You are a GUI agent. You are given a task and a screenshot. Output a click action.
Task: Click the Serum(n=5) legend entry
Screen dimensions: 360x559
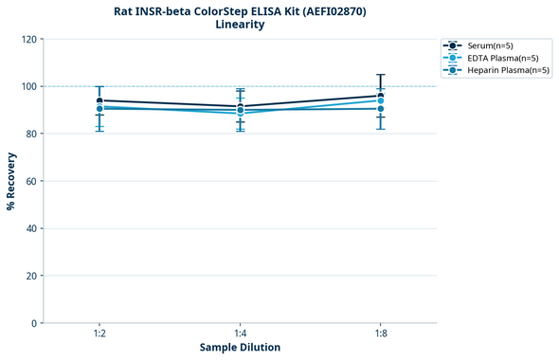tap(489, 45)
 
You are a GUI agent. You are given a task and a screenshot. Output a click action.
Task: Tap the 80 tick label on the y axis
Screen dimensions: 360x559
tap(30, 134)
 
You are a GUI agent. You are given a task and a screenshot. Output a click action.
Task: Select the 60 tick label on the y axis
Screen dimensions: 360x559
tap(30, 181)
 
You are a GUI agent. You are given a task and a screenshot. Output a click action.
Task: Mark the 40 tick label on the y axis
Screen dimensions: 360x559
tap(30, 228)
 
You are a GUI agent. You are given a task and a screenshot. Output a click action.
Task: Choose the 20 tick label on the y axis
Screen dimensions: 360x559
tap(30, 276)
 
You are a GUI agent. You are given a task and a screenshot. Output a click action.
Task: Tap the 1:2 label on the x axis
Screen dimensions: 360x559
tap(99, 334)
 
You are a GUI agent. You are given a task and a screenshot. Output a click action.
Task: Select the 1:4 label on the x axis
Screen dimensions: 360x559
tap(240, 334)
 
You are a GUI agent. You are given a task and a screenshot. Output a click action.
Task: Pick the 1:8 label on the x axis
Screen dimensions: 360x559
tap(381, 334)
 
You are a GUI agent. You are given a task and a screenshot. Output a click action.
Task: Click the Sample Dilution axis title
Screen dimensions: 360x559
tap(240, 348)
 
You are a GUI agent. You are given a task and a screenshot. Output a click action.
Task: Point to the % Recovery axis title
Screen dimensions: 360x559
tap(11, 181)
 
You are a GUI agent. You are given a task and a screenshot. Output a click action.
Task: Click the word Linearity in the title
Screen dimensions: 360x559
tap(240, 25)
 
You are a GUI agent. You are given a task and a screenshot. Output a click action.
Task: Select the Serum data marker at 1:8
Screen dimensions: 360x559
tap(381, 96)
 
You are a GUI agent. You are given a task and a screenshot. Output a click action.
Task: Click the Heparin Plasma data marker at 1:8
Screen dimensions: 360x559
tap(381, 109)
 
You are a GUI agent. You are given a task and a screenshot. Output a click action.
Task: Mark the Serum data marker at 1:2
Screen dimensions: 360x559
tap(99, 100)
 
